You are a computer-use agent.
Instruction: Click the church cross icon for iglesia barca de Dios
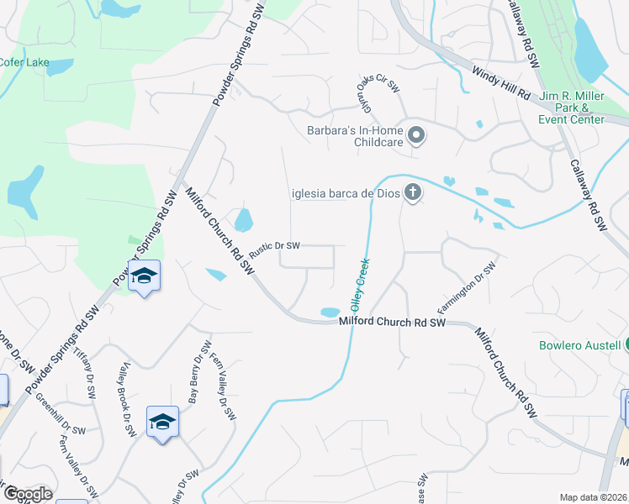(x=412, y=193)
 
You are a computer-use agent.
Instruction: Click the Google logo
(x=27, y=494)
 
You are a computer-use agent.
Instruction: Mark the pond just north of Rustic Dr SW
(x=244, y=221)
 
